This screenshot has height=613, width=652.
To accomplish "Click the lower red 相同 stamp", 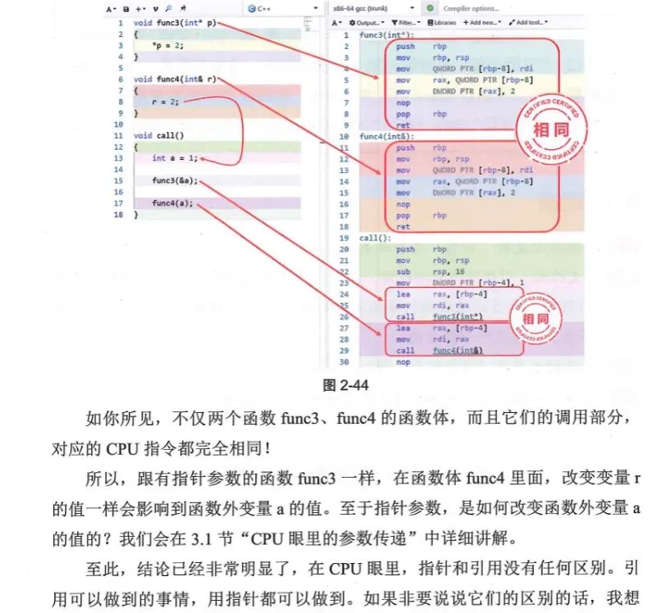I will (x=535, y=318).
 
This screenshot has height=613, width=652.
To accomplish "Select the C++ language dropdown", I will (x=281, y=8).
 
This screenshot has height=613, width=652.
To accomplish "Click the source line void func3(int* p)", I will (x=174, y=23).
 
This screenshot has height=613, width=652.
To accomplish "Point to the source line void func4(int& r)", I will (x=175, y=79).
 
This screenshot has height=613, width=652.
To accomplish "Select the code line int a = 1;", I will (x=174, y=158).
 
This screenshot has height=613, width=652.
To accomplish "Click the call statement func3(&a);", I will (x=174, y=180).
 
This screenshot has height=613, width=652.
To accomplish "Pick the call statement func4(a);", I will (x=172, y=203).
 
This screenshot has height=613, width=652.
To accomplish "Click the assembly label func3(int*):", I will (x=387, y=35).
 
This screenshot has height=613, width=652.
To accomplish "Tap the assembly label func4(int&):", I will (x=388, y=136).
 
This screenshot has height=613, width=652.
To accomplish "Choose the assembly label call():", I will (x=375, y=238).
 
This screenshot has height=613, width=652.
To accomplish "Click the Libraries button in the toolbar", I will (x=441, y=23).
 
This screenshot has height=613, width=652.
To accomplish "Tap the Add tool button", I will (x=528, y=23).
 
